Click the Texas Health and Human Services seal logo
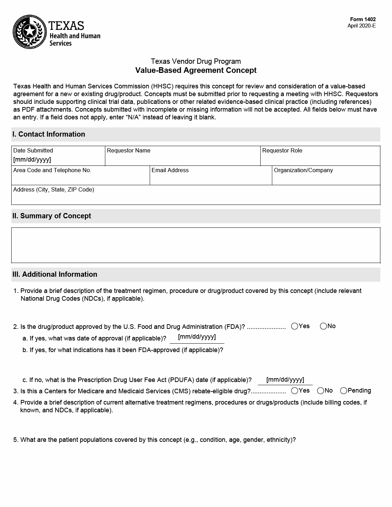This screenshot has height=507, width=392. (30, 32)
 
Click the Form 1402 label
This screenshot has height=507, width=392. (363, 20)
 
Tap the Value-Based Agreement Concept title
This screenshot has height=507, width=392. (196, 70)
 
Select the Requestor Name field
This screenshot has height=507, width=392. (182, 159)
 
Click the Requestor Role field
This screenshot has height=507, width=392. (320, 159)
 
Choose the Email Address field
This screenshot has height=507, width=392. (211, 179)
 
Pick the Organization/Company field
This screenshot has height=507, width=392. (326, 179)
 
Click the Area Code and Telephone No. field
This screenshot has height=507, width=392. (80, 179)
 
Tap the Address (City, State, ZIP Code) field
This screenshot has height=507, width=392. (195, 198)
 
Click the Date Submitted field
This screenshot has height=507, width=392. (58, 159)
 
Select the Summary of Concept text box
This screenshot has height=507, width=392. (195, 245)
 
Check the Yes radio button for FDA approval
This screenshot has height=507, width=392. (295, 326)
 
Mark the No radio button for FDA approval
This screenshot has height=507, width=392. (323, 326)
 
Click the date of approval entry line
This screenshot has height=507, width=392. (197, 338)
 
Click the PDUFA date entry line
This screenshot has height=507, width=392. (285, 380)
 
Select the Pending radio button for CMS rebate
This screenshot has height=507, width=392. (344, 391)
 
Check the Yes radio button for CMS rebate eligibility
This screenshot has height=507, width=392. (295, 391)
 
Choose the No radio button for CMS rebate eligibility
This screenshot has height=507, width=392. (321, 391)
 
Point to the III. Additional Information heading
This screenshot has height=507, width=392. (55, 275)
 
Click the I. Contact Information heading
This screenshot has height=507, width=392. (49, 134)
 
